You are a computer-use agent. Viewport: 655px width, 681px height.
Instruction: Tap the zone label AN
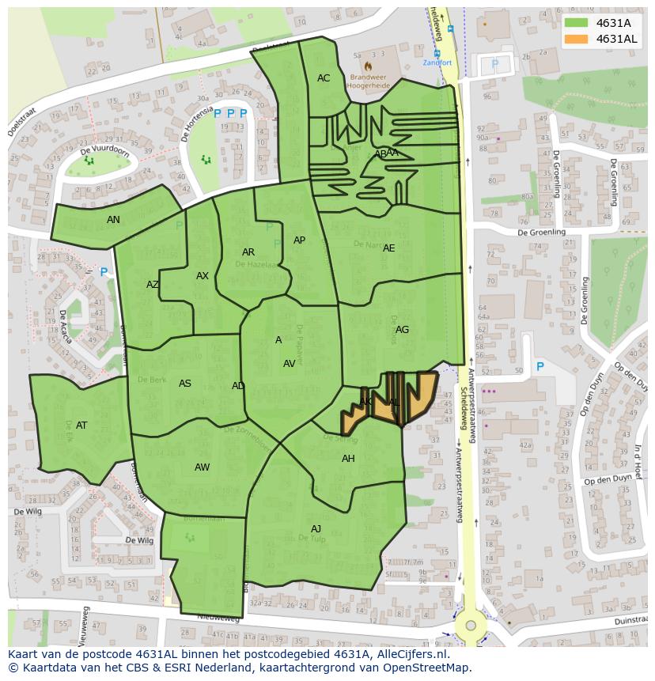[114, 220]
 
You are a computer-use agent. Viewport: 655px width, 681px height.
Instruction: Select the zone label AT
[81, 426]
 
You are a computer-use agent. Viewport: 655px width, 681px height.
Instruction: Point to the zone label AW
[203, 467]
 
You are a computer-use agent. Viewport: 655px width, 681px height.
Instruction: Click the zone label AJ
[316, 529]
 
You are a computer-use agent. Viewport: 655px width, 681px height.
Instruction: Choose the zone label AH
[348, 459]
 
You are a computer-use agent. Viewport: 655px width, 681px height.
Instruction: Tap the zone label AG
[402, 330]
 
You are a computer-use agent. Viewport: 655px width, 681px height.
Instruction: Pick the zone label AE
[388, 248]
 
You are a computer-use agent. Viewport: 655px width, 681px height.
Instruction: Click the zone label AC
[324, 78]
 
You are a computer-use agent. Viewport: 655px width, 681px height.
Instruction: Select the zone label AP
[299, 240]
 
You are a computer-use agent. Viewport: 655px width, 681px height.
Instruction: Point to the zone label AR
[248, 252]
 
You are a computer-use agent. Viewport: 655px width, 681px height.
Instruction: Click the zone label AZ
[153, 285]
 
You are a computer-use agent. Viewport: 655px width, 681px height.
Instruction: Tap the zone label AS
[185, 384]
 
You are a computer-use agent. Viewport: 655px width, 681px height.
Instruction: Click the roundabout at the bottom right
[471, 626]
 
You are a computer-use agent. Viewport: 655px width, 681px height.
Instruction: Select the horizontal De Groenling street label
[542, 233]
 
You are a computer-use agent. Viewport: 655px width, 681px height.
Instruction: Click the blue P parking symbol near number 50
[540, 367]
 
